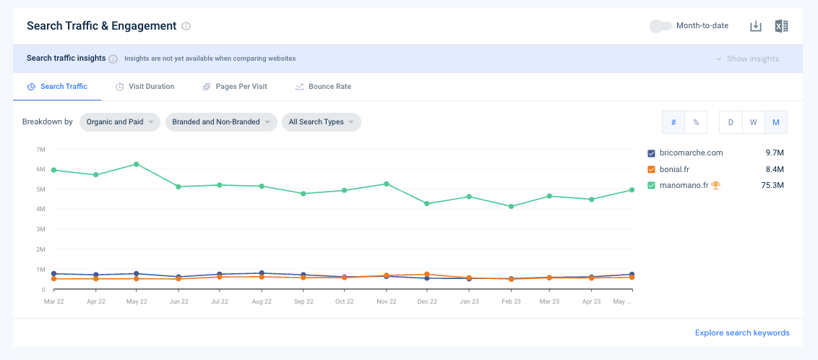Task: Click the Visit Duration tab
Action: (145, 87)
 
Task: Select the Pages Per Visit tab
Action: (235, 87)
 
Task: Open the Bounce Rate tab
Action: (323, 87)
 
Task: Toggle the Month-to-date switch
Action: (660, 25)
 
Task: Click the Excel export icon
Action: (781, 26)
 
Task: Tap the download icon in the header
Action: (755, 26)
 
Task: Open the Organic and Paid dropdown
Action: (119, 122)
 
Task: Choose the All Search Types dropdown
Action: (322, 122)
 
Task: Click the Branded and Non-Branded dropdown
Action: (221, 122)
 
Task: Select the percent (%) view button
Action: (696, 122)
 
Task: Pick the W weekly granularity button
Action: (753, 122)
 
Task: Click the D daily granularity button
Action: (731, 122)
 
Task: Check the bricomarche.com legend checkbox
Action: (651, 153)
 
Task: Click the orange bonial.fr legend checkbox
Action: (651, 169)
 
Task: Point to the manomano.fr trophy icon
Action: (715, 184)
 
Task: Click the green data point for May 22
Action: (136, 164)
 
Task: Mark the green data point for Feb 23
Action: (512, 207)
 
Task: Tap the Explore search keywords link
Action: (742, 333)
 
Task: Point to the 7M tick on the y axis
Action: (41, 149)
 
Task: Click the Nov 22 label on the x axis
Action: (386, 301)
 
